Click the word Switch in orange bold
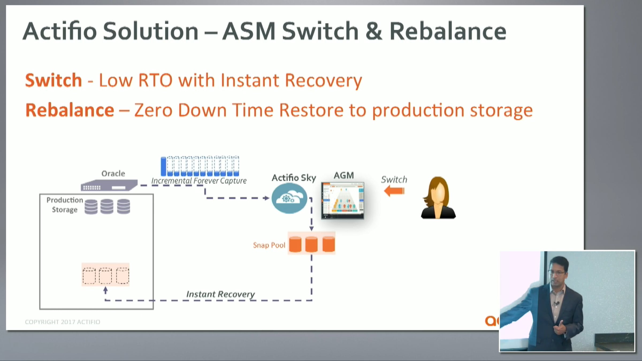pyautogui.click(x=53, y=80)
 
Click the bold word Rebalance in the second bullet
pyautogui.click(x=70, y=110)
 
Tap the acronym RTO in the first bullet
pyautogui.click(x=155, y=80)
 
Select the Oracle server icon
pyautogui.click(x=109, y=185)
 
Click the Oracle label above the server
pyautogui.click(x=113, y=174)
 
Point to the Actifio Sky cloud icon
pyautogui.click(x=289, y=198)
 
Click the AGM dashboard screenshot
pyautogui.click(x=343, y=201)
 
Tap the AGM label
pyautogui.click(x=344, y=175)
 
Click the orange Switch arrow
pyautogui.click(x=394, y=191)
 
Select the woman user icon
pyautogui.click(x=438, y=198)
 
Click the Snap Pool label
pyautogui.click(x=269, y=245)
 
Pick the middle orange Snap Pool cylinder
pyautogui.click(x=311, y=244)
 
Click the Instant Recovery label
pyautogui.click(x=220, y=294)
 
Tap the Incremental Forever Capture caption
pyautogui.click(x=199, y=181)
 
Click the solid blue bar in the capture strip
pyautogui.click(x=163, y=166)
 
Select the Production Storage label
pyautogui.click(x=64, y=205)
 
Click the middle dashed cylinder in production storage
pyautogui.click(x=105, y=275)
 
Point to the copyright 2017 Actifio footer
pyautogui.click(x=63, y=322)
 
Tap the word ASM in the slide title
pyautogui.click(x=249, y=31)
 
